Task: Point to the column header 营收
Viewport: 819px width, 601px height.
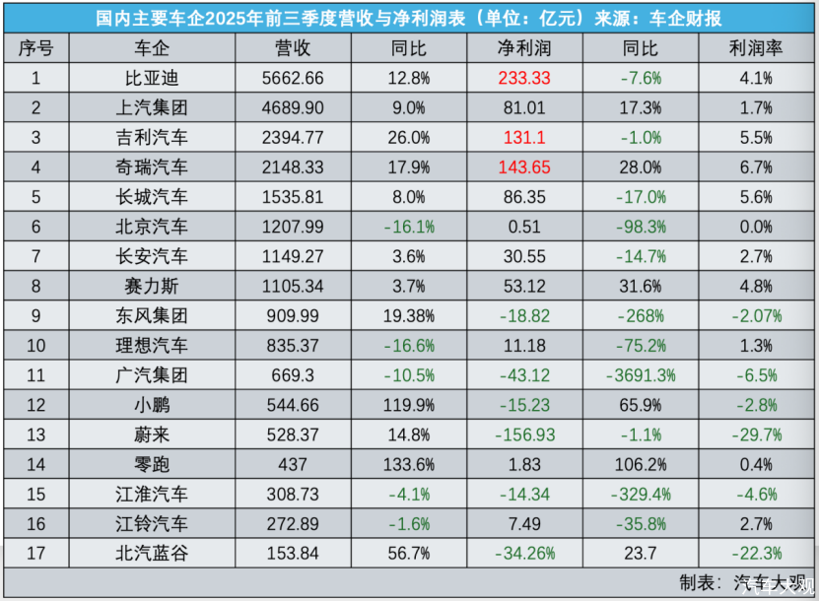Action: click(x=294, y=48)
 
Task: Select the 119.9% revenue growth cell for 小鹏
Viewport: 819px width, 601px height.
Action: click(x=408, y=405)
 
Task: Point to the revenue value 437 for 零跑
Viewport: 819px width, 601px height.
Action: click(x=294, y=464)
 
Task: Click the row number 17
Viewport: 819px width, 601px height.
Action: click(x=35, y=553)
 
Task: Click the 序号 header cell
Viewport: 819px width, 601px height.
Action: click(x=35, y=48)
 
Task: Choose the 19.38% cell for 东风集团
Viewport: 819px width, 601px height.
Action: click(x=408, y=316)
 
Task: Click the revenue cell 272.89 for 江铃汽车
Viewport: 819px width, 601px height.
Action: click(x=294, y=523)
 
